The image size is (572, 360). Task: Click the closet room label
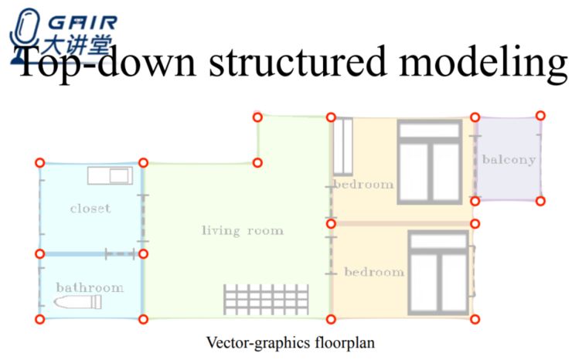pyautogui.click(x=90, y=208)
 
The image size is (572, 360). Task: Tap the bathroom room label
pyautogui.click(x=90, y=287)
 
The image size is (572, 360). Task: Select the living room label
pyautogui.click(x=242, y=230)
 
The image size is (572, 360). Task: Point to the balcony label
pyautogui.click(x=508, y=159)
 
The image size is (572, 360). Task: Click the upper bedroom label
pyautogui.click(x=363, y=185)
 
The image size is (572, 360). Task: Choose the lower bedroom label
pyautogui.click(x=373, y=272)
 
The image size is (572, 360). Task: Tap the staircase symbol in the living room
pyautogui.click(x=266, y=299)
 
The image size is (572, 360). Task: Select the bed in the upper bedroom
pyautogui.click(x=430, y=161)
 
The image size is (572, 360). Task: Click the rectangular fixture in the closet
pyautogui.click(x=110, y=175)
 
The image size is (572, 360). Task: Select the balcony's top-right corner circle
pyautogui.click(x=540, y=115)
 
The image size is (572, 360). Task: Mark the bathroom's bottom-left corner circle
pyautogui.click(x=39, y=319)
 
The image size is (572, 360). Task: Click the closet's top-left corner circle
pyautogui.click(x=39, y=163)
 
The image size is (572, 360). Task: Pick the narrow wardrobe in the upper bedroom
pyautogui.click(x=342, y=146)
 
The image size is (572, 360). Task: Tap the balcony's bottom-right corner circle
pyautogui.click(x=540, y=201)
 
